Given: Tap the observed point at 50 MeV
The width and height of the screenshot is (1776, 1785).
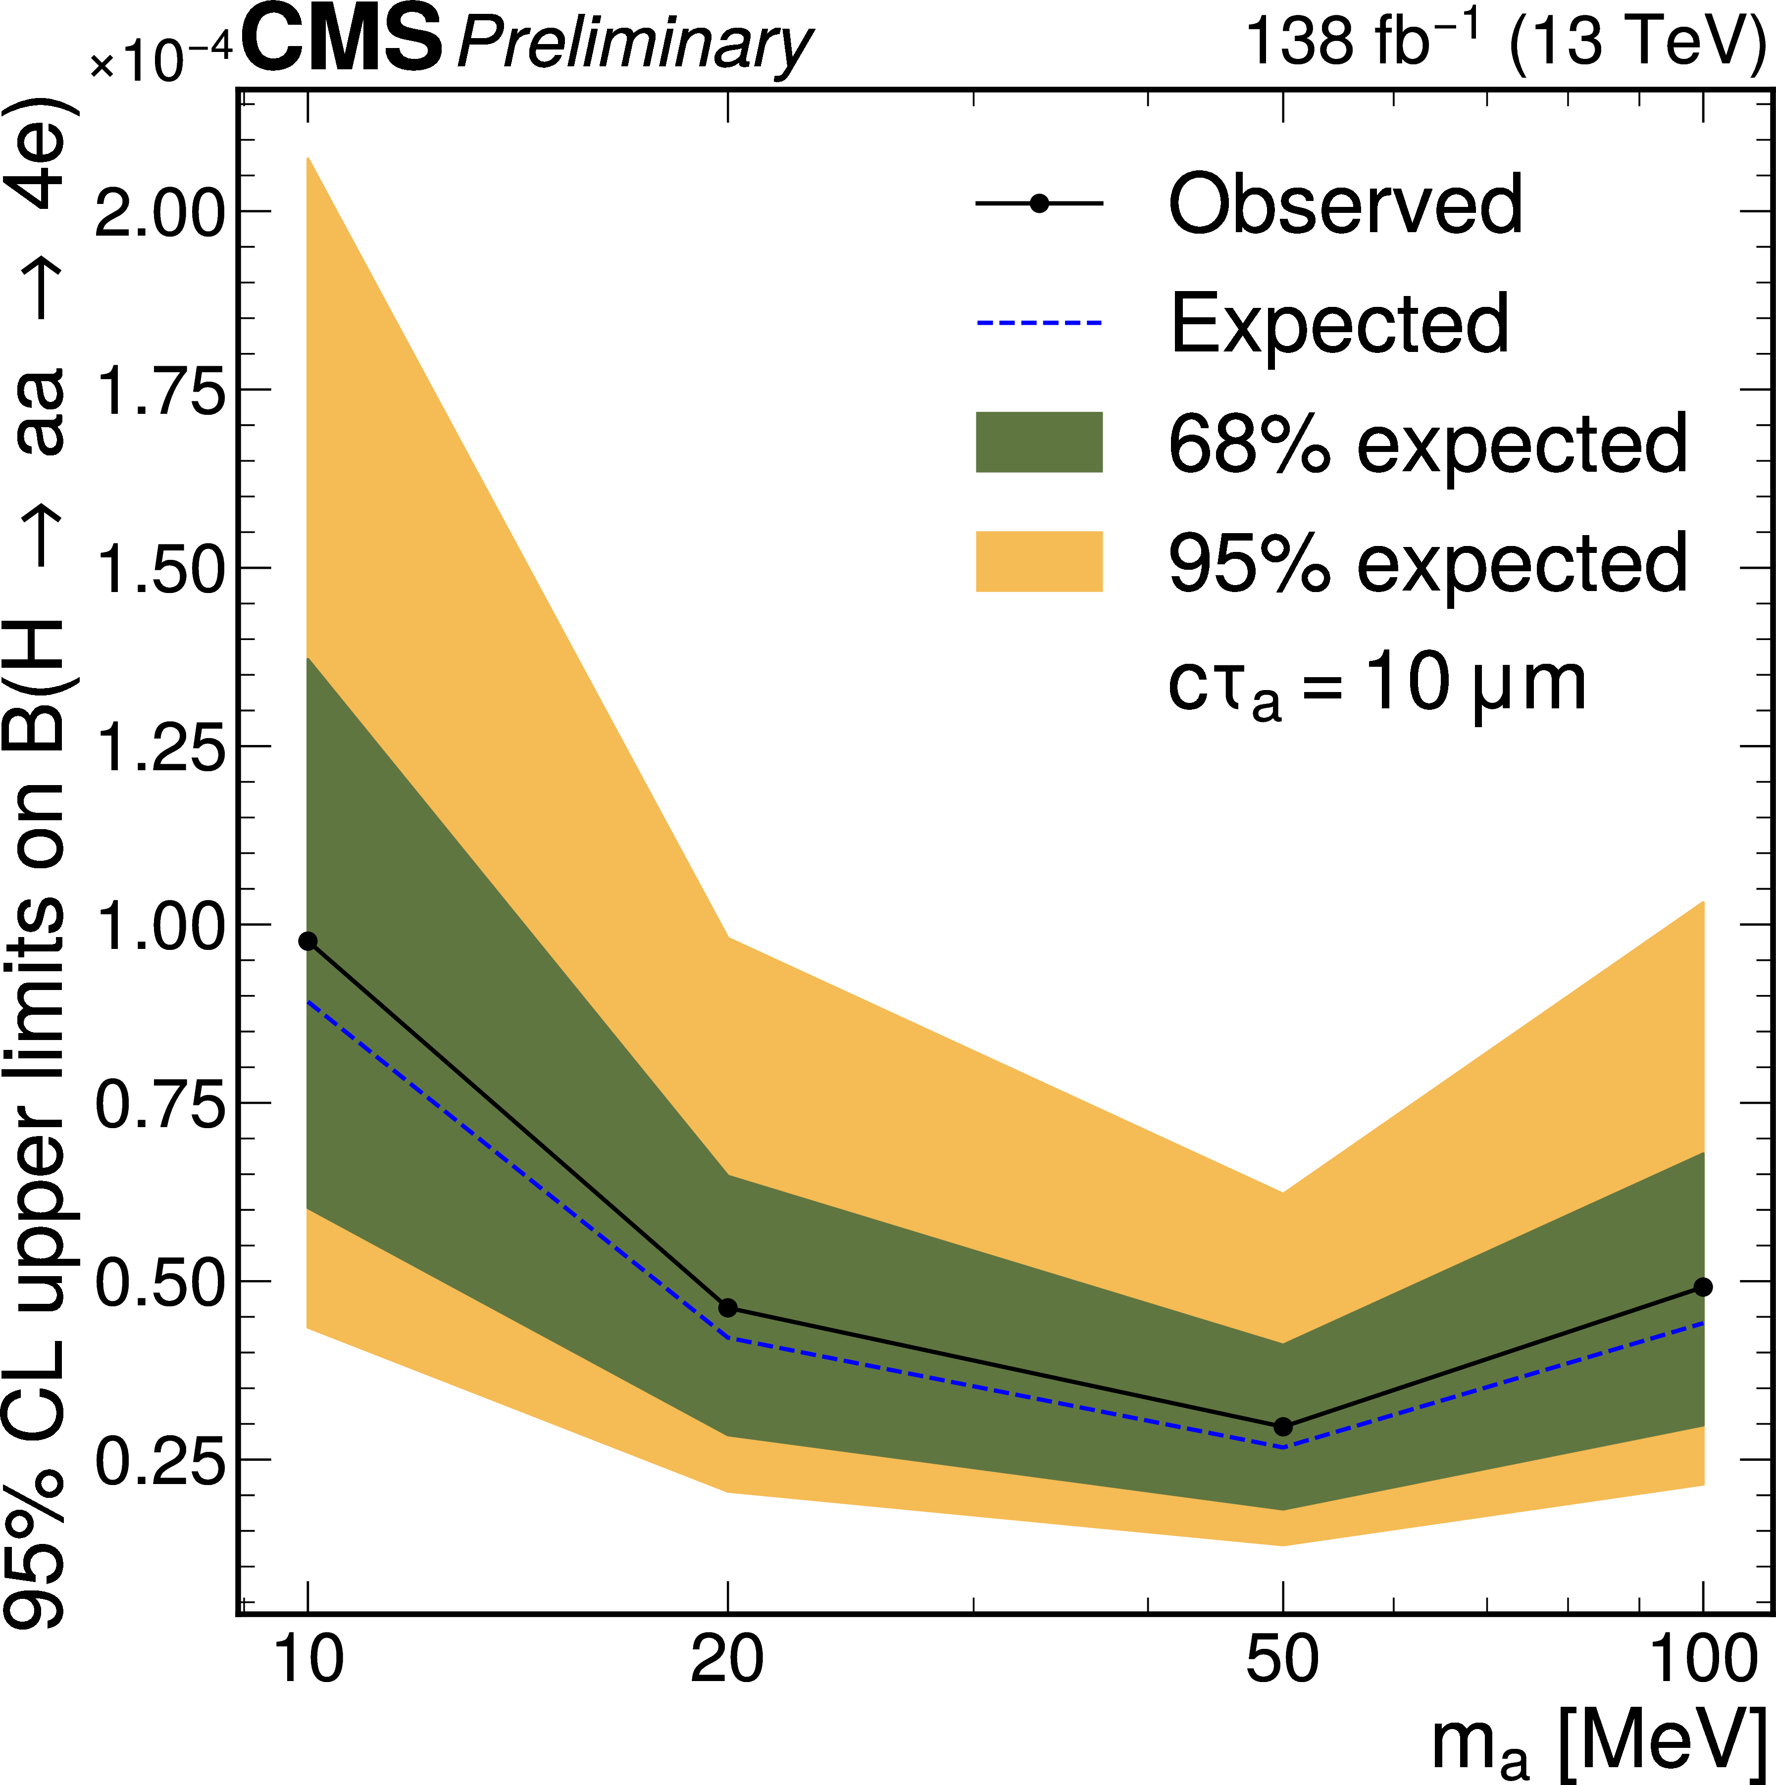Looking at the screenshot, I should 1282,1427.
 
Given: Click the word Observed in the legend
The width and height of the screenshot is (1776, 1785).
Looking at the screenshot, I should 1344,204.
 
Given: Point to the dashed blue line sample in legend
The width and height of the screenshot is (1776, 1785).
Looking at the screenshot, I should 1039,323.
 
